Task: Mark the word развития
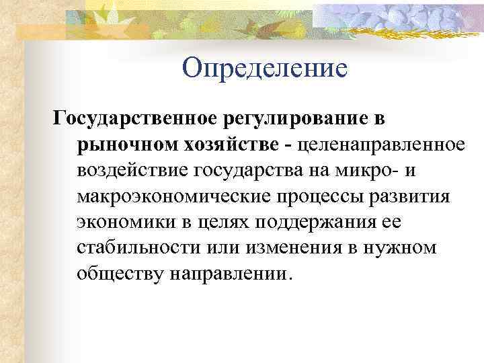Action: click(414, 195)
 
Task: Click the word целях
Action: click(229, 221)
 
